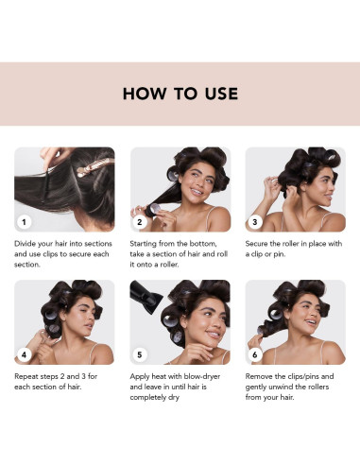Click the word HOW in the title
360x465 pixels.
pos(145,94)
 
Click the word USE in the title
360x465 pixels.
pos(221,94)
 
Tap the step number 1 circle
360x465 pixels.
pos(24,222)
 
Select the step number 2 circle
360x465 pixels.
pos(140,222)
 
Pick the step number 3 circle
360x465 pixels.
pos(255,222)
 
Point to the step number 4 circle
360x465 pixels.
pos(24,355)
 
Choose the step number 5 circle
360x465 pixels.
pos(140,355)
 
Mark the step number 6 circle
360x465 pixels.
pos(255,355)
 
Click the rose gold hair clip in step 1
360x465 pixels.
pos(94,167)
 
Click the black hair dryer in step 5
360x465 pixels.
pos(146,297)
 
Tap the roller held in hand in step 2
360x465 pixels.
pos(154,210)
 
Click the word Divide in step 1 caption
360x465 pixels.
pos(25,244)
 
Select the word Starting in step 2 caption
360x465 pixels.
pos(144,244)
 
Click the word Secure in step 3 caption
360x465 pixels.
pos(257,244)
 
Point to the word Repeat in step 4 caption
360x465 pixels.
pos(26,377)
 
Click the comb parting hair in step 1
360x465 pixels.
pos(46,183)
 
